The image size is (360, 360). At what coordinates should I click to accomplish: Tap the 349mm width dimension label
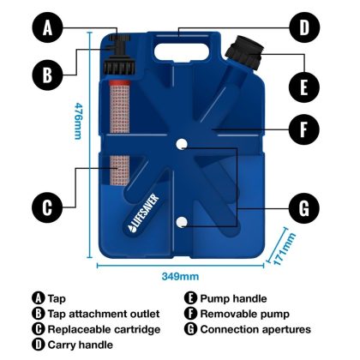[181, 277]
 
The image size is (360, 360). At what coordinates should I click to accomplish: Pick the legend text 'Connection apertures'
[255, 329]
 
